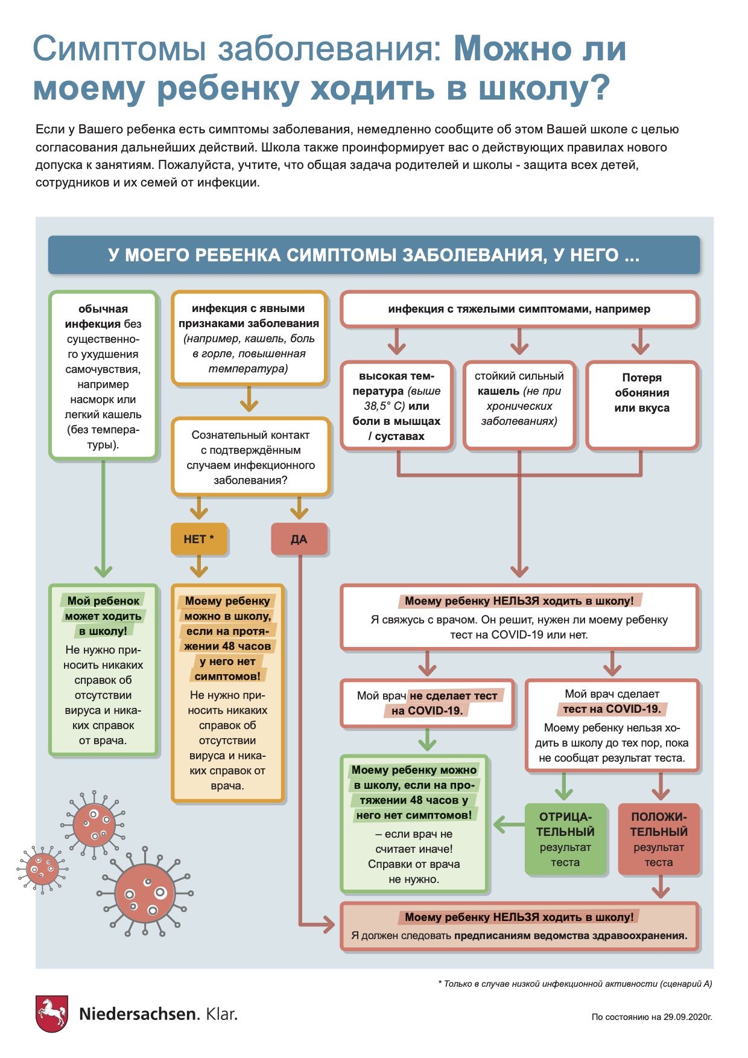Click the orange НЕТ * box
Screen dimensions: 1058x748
198,539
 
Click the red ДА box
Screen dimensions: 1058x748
299,539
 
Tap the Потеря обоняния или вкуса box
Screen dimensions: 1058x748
641,405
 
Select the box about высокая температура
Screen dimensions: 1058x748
396,405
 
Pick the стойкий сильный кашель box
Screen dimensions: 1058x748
519,405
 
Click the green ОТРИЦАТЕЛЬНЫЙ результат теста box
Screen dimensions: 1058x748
565,839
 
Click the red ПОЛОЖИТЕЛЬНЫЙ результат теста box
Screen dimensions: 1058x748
659,839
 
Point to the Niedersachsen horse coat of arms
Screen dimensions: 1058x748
51,1013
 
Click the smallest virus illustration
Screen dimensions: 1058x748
42,870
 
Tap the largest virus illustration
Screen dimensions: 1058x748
145,893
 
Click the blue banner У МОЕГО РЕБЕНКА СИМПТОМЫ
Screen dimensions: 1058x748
373,255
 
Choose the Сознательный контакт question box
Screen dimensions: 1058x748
250,457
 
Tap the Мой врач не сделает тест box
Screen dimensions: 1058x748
427,703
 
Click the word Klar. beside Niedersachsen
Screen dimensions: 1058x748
221,1014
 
